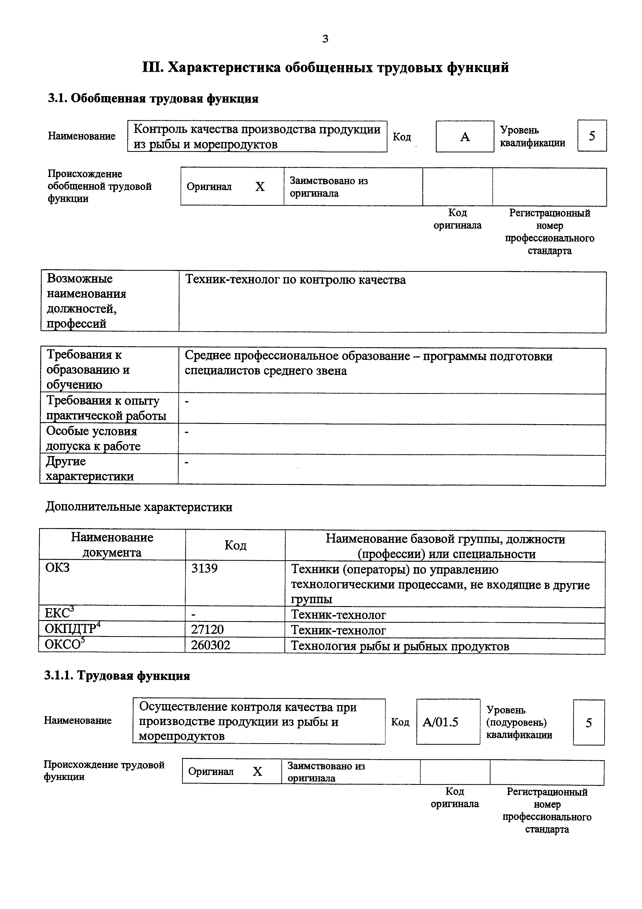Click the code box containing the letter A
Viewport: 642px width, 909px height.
click(465, 137)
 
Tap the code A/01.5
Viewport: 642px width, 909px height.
click(440, 722)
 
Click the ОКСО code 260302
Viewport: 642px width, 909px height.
click(211, 645)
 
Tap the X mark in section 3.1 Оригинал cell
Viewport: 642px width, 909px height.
click(260, 187)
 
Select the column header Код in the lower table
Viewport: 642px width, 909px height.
click(235, 545)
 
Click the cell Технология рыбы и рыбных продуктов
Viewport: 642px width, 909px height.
click(400, 646)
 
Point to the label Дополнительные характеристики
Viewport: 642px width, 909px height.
click(139, 507)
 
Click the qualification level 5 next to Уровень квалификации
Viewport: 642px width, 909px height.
click(592, 136)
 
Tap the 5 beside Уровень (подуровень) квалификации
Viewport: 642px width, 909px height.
click(589, 723)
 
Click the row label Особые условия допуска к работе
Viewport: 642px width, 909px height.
click(93, 439)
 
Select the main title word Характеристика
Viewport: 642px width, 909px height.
click(224, 68)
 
